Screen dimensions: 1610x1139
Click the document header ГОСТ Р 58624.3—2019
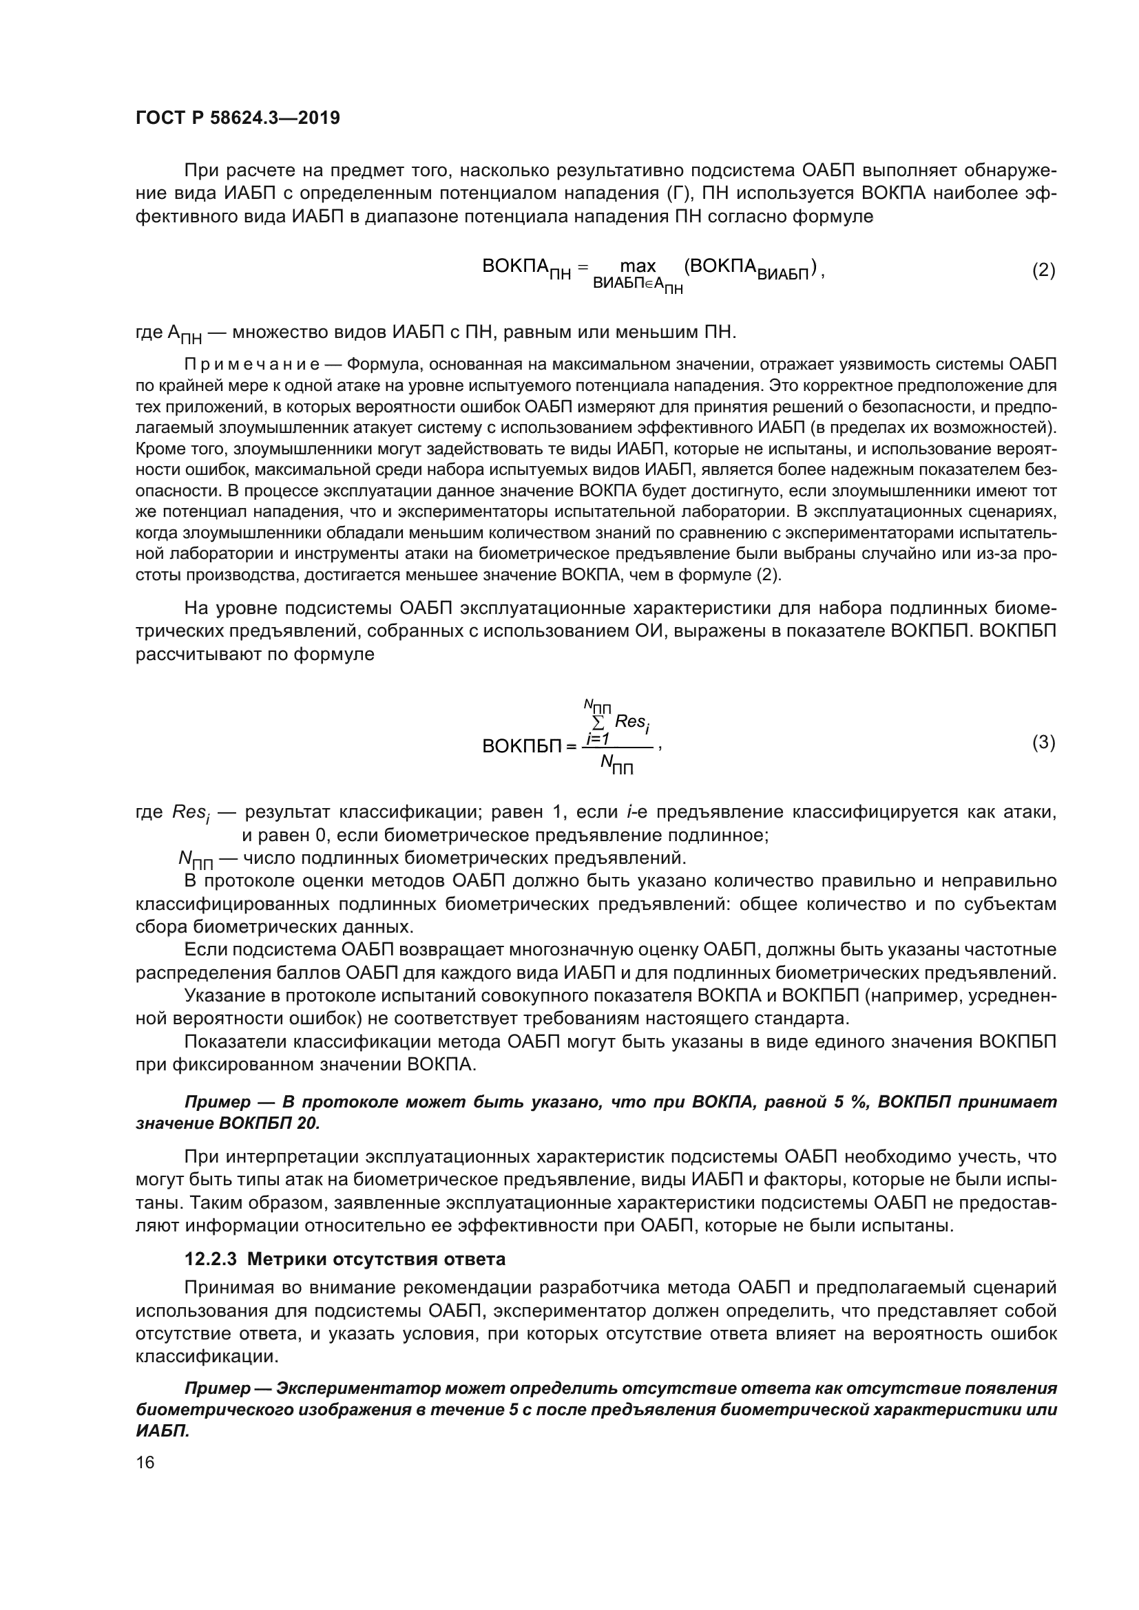coord(238,118)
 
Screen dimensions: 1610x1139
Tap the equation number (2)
coord(1043,270)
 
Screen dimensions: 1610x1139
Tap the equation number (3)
coord(1043,742)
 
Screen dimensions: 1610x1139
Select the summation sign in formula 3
coord(599,721)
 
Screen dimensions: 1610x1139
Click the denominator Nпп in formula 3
coord(616,765)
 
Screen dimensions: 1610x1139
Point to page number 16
coord(145,1462)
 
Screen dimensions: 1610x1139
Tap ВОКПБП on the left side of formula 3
coord(522,746)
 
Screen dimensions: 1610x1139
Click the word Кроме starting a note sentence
coord(158,449)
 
